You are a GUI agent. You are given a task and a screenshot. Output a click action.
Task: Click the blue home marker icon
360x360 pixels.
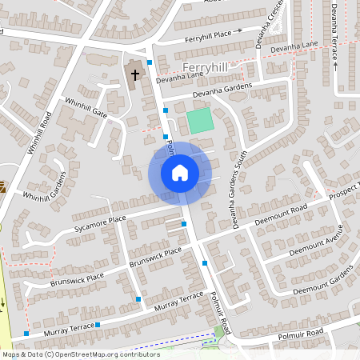point(180,173)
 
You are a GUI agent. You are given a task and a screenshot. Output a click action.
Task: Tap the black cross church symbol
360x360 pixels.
point(134,75)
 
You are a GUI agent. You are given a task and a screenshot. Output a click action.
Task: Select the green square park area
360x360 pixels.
point(200,122)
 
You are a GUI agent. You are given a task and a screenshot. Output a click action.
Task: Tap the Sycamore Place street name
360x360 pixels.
point(101,220)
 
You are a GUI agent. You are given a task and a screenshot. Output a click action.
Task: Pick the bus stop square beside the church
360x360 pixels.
point(149,62)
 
